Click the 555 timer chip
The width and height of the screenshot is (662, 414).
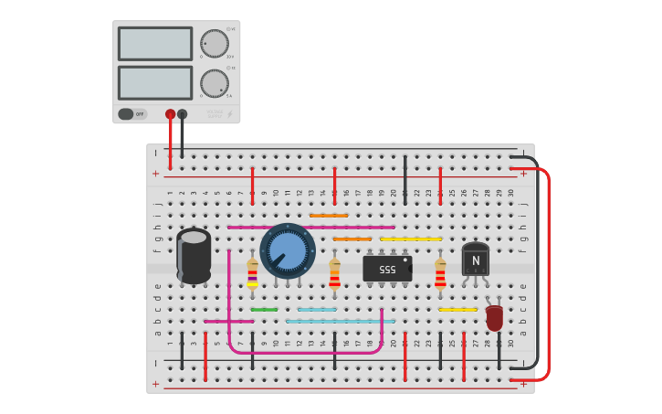[x=387, y=269]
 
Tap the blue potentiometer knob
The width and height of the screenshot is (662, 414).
[x=288, y=250]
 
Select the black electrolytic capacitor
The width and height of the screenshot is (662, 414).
[x=194, y=256]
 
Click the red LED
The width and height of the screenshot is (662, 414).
[x=494, y=318]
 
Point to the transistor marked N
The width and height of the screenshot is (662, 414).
[x=475, y=260]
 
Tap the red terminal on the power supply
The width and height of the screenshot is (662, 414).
[x=170, y=114]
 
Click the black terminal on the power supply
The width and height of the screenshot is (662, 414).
[x=183, y=114]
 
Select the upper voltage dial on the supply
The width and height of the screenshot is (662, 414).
[x=215, y=43]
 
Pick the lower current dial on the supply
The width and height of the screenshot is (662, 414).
[x=215, y=83]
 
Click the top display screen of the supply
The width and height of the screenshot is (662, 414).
[x=154, y=43]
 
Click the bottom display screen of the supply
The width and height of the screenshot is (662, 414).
[x=154, y=82]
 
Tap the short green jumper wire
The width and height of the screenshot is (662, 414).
[x=264, y=310]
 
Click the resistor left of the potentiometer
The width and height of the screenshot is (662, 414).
[x=253, y=272]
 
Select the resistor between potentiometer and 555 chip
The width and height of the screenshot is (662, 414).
[x=335, y=272]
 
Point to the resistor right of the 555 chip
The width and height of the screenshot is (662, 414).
[x=440, y=272]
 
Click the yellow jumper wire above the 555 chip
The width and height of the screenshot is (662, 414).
[x=411, y=239]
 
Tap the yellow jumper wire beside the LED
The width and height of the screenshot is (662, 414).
[x=457, y=310]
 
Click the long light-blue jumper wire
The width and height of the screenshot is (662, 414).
[x=341, y=322]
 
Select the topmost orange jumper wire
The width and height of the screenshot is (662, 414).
[x=329, y=216]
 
